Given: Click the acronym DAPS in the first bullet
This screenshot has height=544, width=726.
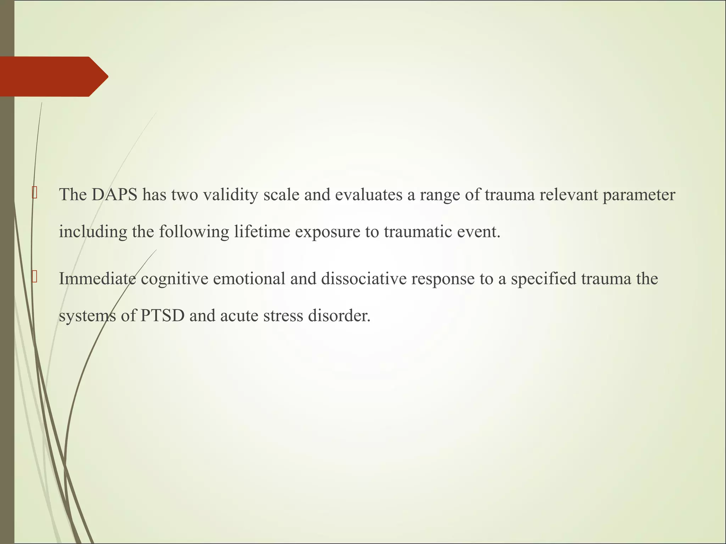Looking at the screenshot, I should [x=115, y=195].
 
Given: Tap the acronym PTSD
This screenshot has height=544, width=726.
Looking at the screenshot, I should [x=162, y=316].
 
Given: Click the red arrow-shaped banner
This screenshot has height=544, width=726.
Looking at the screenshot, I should [x=53, y=76].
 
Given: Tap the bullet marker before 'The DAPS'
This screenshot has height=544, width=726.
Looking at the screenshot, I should [x=34, y=194].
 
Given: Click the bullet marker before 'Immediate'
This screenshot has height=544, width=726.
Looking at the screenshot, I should [x=34, y=277].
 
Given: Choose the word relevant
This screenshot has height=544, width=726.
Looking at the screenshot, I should [x=569, y=195].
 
